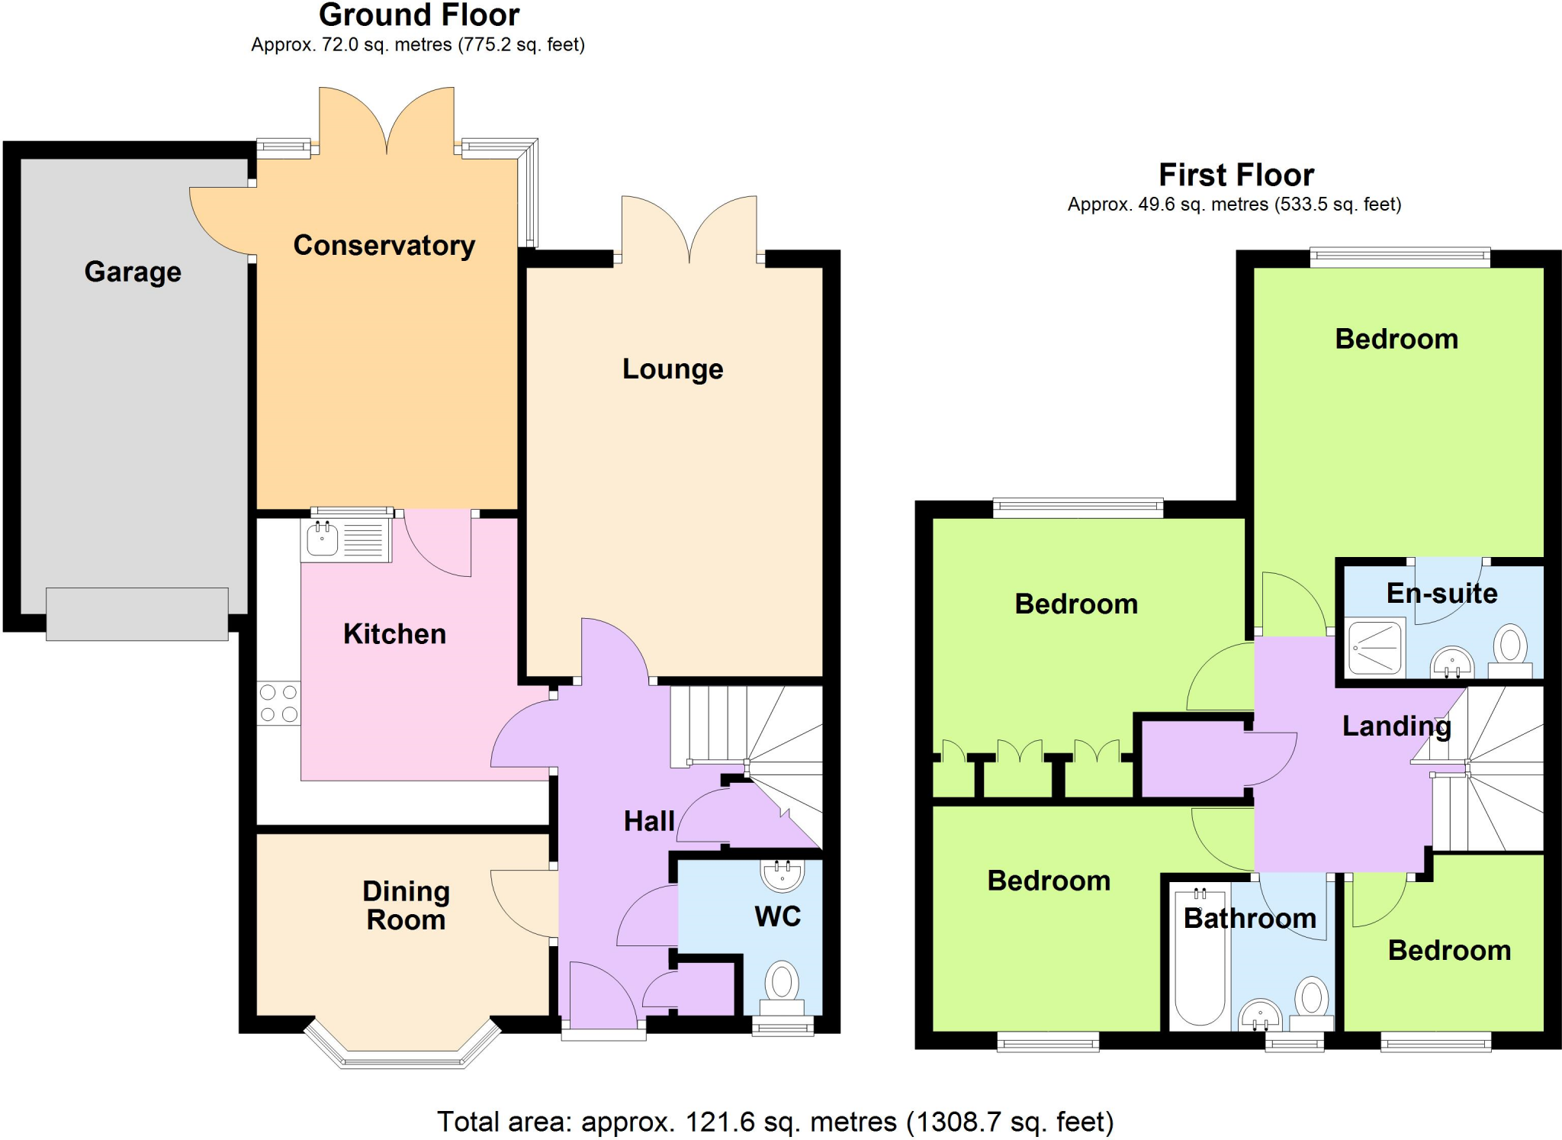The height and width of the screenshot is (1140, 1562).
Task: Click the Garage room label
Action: [x=133, y=272]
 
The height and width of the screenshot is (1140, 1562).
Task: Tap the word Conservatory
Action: [x=384, y=245]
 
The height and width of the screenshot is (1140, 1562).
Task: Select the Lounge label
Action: [x=672, y=369]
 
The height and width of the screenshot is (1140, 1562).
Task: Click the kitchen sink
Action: [x=323, y=539]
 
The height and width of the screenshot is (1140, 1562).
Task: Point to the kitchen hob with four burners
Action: [x=278, y=704]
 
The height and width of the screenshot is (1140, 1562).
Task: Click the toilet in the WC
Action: [x=782, y=984]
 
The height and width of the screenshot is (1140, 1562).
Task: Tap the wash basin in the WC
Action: [x=782, y=875]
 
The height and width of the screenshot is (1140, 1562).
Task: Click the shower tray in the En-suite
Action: [x=1376, y=648]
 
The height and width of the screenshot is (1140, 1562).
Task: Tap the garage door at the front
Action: [x=137, y=613]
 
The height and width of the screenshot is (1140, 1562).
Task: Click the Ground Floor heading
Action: [x=419, y=14]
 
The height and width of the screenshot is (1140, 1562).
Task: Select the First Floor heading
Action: [x=1236, y=175]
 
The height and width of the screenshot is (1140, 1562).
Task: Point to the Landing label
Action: [x=1396, y=726]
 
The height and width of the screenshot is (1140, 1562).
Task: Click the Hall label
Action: [x=649, y=821]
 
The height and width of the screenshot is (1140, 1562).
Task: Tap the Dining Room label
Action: [x=406, y=906]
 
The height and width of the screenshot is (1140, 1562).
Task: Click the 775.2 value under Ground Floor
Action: [x=485, y=45]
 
